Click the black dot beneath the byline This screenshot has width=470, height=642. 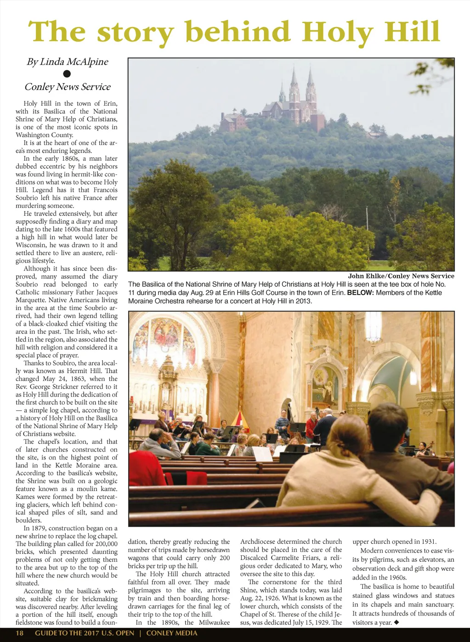click(x=67, y=73)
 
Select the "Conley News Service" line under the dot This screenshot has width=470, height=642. click(x=68, y=87)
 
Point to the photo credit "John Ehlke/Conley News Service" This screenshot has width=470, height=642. click(x=401, y=276)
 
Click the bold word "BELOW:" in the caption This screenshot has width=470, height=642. click(x=360, y=293)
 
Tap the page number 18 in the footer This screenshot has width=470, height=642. click(x=20, y=633)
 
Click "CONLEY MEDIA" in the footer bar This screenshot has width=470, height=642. click(x=172, y=633)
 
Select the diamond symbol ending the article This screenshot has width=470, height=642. click(x=396, y=623)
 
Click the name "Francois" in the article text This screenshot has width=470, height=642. click(x=105, y=190)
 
